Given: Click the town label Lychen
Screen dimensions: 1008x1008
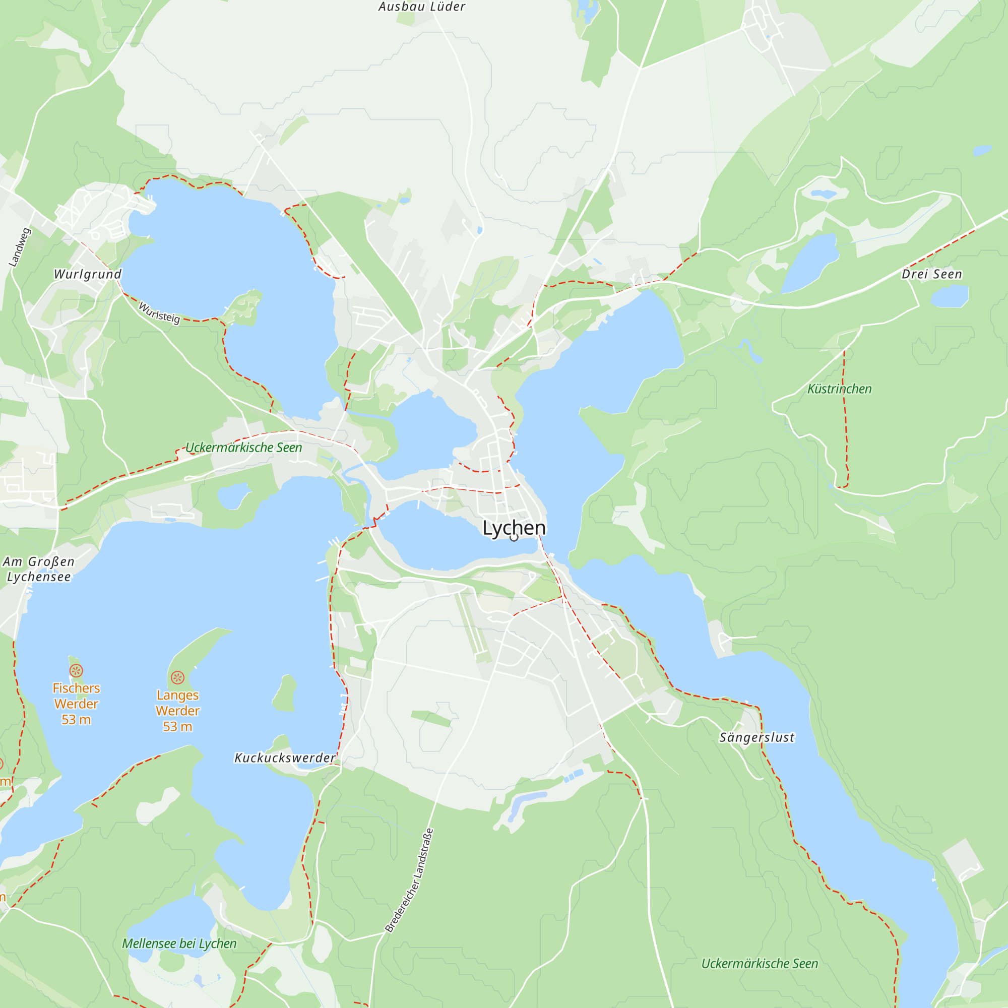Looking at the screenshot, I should (514, 528).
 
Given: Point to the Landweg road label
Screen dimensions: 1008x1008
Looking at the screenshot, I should (20, 247).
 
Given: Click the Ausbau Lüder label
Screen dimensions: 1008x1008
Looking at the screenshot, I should (421, 7).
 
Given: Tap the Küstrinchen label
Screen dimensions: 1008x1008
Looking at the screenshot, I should (839, 389).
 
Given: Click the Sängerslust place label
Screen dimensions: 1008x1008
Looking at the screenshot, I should (757, 738).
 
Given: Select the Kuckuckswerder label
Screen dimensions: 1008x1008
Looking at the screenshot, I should (285, 758).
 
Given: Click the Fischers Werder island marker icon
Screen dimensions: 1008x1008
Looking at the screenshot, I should (76, 671).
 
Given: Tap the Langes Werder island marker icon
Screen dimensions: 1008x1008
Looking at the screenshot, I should (177, 678).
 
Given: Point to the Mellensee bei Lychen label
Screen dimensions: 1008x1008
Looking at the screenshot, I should (179, 943).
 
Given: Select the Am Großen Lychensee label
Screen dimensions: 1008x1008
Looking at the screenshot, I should (39, 569).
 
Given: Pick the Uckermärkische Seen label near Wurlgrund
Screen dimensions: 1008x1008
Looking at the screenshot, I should (243, 448).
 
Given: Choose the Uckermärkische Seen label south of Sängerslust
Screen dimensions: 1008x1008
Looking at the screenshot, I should (759, 964).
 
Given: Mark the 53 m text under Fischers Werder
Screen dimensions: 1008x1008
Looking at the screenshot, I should (76, 720).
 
